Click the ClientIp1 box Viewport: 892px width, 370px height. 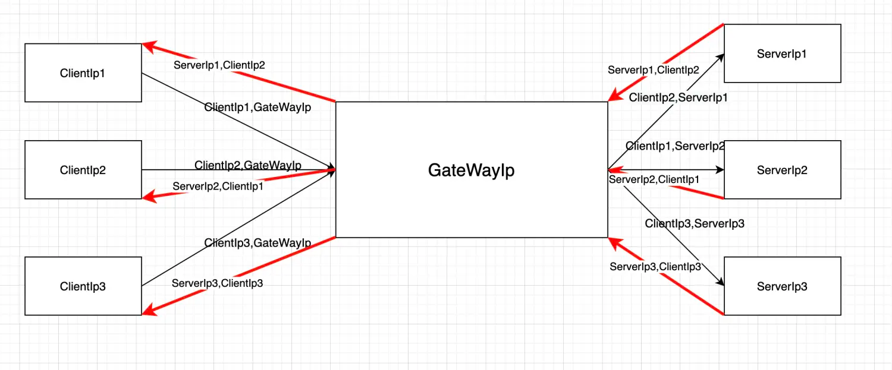(83, 73)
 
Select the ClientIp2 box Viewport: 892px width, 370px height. (83, 170)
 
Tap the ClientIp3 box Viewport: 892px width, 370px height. (83, 286)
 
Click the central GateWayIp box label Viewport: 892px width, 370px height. (471, 170)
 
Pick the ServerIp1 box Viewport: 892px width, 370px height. (782, 53)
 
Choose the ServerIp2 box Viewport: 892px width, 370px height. (782, 170)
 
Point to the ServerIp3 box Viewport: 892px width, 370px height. (782, 286)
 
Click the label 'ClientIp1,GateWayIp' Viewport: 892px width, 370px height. (257, 107)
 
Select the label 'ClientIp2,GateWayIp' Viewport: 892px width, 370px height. (248, 165)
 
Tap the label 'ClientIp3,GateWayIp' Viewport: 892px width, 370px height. (257, 242)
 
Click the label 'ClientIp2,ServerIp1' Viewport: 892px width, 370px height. (678, 98)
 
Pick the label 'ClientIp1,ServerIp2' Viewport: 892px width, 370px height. (675, 146)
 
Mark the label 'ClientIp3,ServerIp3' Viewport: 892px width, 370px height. (695, 224)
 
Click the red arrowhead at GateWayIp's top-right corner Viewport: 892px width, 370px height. (615, 96)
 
